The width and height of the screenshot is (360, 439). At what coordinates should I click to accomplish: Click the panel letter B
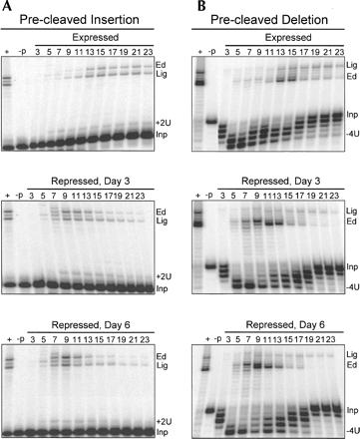(x=201, y=6)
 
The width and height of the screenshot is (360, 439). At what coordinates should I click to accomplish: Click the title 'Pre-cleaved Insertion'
(x=79, y=20)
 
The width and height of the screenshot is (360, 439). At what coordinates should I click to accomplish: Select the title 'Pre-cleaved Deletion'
(x=269, y=20)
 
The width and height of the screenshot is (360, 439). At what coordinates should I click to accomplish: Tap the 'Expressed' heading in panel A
(x=96, y=37)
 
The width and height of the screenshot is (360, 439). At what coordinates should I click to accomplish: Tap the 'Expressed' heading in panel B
(x=288, y=37)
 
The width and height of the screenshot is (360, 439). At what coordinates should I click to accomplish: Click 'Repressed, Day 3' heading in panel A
(x=91, y=182)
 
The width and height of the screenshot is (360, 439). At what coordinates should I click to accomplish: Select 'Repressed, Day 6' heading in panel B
(x=285, y=324)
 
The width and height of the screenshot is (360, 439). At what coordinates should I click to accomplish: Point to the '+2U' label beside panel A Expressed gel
(x=164, y=123)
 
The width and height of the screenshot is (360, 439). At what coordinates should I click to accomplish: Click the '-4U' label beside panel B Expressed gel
(x=352, y=135)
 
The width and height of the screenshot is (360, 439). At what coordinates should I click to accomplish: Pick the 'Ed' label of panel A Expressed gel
(x=161, y=65)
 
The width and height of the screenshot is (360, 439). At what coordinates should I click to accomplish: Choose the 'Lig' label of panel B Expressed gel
(x=351, y=65)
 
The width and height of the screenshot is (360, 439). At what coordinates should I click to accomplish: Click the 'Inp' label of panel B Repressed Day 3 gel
(x=352, y=266)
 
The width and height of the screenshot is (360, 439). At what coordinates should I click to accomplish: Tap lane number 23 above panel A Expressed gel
(x=149, y=52)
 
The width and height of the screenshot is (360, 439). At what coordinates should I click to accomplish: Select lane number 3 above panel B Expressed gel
(x=227, y=52)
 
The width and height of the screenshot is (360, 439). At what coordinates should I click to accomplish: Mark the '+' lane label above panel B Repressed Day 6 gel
(x=207, y=339)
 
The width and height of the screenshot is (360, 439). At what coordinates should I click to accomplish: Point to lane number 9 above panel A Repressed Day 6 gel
(x=66, y=339)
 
